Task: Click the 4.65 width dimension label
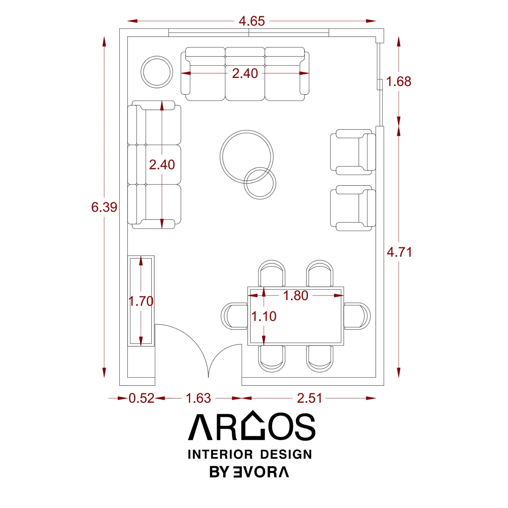252,21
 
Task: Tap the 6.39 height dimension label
104,207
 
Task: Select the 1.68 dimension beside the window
399,81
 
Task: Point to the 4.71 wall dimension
400,252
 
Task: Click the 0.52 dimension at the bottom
142,398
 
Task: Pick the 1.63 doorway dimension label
198,398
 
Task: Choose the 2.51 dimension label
310,398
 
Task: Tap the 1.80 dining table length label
296,296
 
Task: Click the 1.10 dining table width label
264,316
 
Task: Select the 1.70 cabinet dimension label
141,301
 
